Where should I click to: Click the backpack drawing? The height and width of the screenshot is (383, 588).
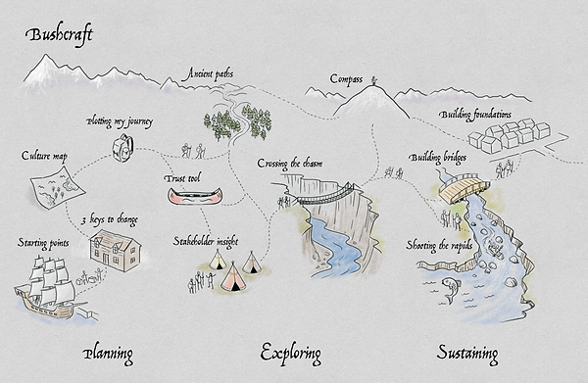(x=122, y=147)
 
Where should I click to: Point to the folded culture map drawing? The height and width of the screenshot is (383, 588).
(x=48, y=185)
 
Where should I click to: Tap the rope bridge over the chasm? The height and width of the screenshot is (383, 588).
(x=325, y=194)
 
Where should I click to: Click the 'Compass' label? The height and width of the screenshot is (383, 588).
(x=346, y=78)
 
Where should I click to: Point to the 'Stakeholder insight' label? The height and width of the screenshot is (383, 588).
(x=209, y=239)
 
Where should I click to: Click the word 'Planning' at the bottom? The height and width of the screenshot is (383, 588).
(x=108, y=353)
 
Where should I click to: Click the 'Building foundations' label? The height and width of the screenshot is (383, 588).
(x=485, y=116)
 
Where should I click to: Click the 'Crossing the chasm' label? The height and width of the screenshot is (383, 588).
(x=290, y=163)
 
